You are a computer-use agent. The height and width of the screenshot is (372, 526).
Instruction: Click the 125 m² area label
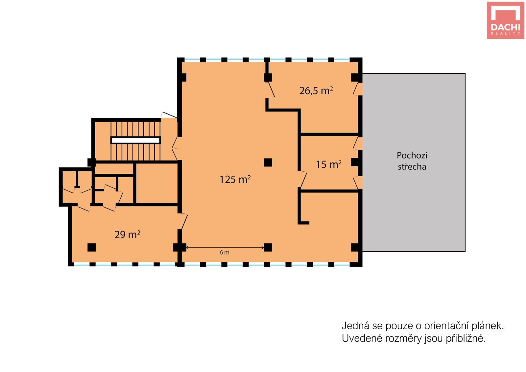(235, 179)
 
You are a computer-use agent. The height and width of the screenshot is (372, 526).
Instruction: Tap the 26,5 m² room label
(316, 91)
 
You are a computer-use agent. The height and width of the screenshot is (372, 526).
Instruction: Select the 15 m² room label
(329, 164)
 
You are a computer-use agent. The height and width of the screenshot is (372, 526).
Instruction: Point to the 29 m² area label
(127, 235)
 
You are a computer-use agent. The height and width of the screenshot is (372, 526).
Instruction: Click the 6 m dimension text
(224, 253)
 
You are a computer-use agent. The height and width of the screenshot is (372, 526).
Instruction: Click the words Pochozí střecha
(412, 161)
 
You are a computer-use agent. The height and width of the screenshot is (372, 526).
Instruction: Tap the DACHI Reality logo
(505, 20)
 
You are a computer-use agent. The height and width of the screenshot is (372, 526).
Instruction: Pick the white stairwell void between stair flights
(135, 140)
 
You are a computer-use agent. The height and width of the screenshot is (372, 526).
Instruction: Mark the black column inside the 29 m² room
(92, 247)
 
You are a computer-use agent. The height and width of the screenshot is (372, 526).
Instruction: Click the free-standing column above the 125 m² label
(268, 162)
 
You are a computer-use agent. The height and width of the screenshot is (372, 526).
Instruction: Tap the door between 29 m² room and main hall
(183, 221)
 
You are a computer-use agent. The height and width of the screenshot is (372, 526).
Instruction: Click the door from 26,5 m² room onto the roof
(357, 89)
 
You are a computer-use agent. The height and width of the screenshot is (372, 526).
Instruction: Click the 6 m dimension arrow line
(225, 247)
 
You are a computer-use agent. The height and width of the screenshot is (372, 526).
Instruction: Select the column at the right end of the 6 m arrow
(268, 247)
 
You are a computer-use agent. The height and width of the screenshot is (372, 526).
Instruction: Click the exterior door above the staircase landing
(169, 115)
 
